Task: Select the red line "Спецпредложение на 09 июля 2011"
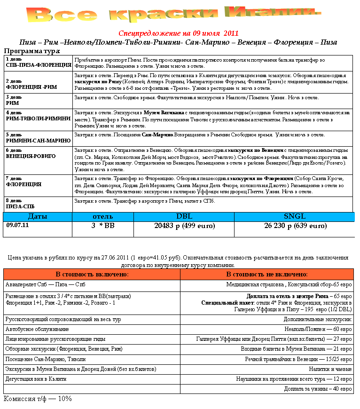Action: coord(178,33)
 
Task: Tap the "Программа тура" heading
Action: coord(32,51)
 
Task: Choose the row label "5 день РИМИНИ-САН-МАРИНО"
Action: coord(38,137)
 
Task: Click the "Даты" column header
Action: coord(37,217)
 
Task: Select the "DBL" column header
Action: coord(184,217)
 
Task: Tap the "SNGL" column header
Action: coord(294,217)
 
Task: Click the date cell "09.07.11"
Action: coord(17,226)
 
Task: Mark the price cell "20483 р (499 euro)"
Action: coord(184,226)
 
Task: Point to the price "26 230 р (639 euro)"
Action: coord(295,226)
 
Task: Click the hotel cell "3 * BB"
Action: coord(102,226)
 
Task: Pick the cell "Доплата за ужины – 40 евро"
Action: coord(318,389)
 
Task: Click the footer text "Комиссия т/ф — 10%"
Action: coord(38,399)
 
